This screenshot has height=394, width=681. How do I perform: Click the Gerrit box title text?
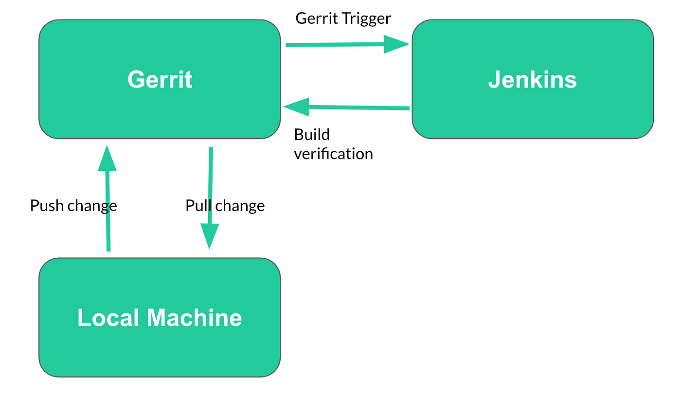click(x=160, y=79)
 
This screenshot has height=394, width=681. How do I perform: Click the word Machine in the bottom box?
click(x=194, y=318)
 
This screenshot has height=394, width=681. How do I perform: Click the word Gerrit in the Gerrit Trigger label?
click(x=314, y=18)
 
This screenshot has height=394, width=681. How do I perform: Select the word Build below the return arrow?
click(x=312, y=135)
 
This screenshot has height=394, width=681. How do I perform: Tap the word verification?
click(x=333, y=154)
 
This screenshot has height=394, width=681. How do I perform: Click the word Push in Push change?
click(x=47, y=206)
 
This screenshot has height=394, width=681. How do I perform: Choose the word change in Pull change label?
click(x=240, y=206)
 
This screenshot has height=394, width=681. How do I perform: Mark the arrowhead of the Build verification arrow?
click(x=296, y=107)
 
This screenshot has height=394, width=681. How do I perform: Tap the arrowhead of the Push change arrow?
click(x=107, y=158)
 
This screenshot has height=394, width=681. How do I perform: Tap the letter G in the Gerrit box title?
click(x=136, y=79)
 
